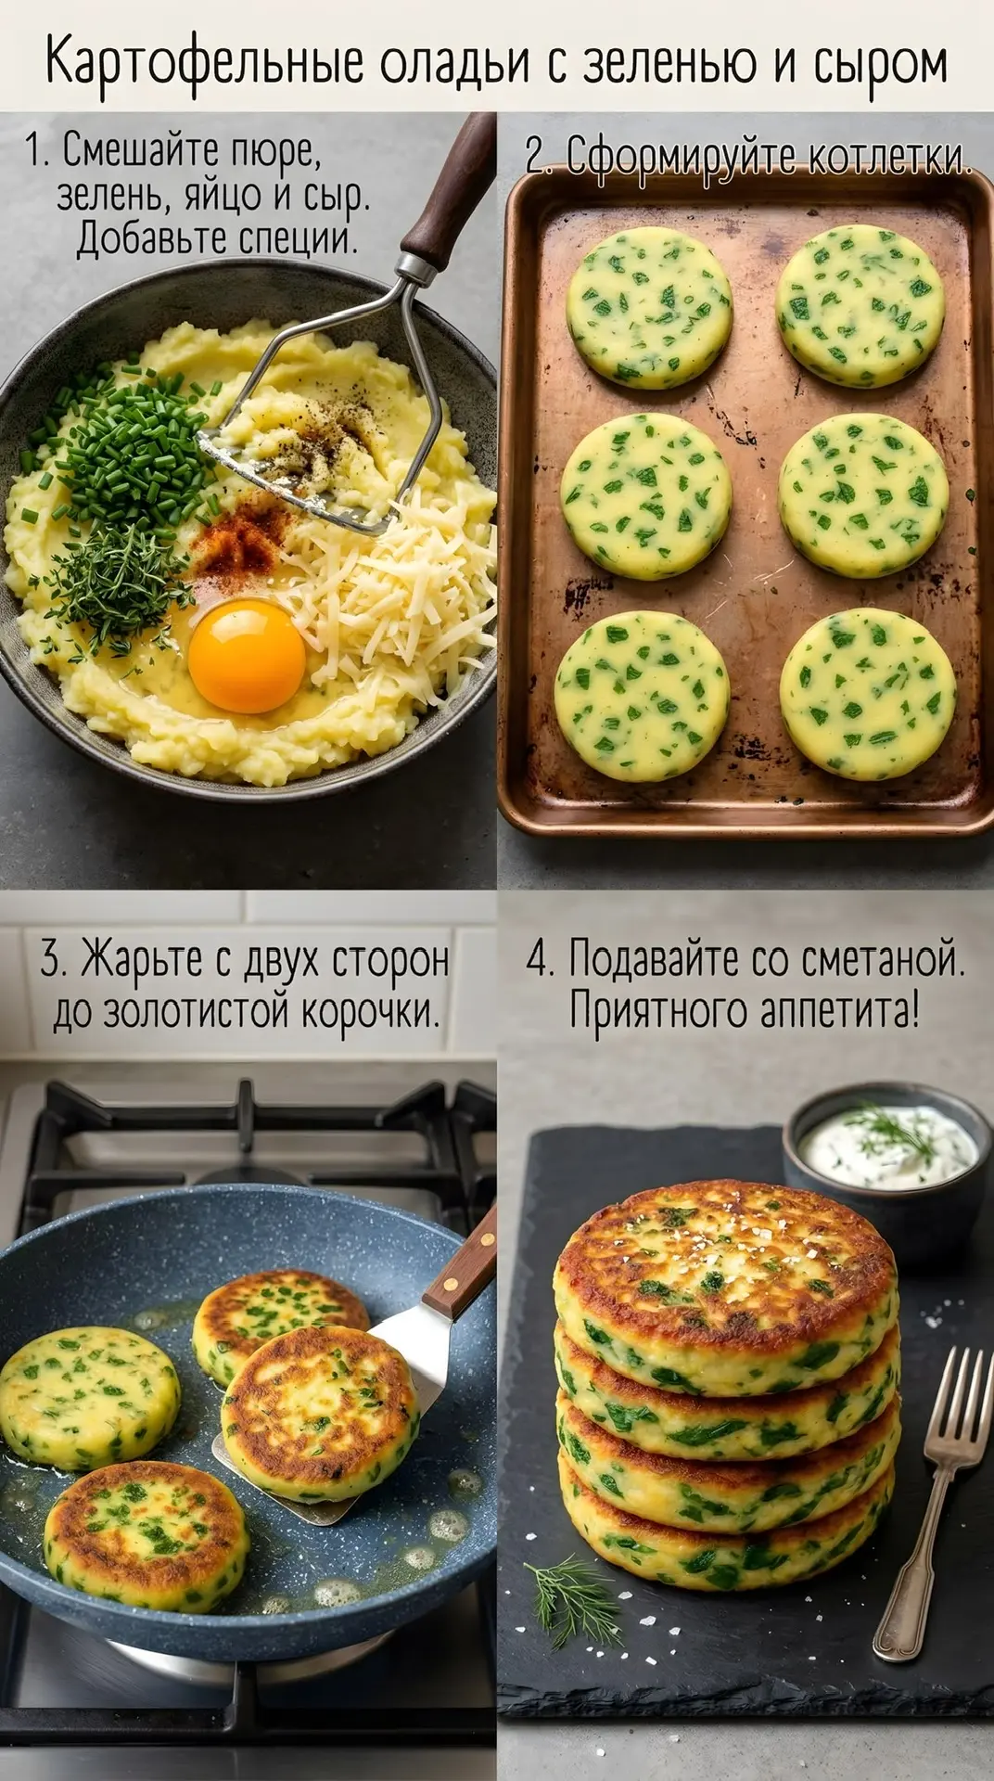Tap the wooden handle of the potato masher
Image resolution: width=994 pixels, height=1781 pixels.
[451, 190]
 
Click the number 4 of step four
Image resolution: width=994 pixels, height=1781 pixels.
[537, 959]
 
